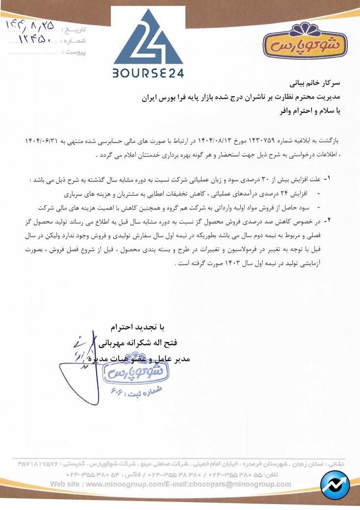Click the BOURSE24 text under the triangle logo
(148, 74)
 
